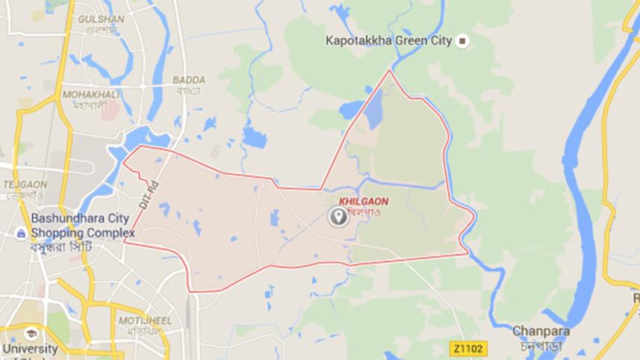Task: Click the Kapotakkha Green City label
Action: click(388, 41)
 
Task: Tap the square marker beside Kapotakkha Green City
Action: click(463, 41)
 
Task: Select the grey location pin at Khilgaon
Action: click(338, 217)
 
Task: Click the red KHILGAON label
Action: click(363, 202)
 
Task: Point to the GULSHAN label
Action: click(100, 19)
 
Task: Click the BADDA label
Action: click(188, 79)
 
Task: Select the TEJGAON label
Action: click(25, 184)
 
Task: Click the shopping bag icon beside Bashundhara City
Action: click(22, 234)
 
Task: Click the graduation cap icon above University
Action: click(31, 333)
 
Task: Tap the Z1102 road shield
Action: click(468, 348)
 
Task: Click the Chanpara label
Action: click(541, 331)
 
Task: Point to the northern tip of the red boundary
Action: click(389, 70)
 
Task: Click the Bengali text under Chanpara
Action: click(541, 346)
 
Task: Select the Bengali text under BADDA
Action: click(188, 90)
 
